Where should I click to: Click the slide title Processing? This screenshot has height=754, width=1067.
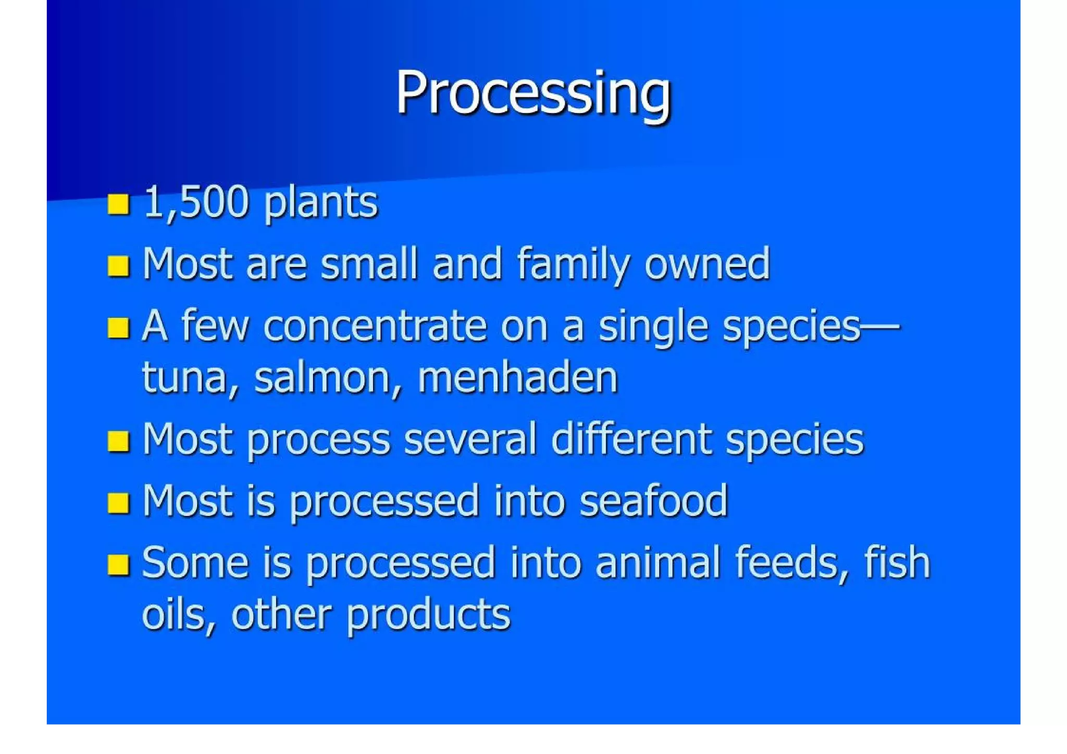coord(533,94)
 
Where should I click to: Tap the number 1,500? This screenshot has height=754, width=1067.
coord(196,202)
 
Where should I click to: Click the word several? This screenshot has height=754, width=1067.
coord(469,439)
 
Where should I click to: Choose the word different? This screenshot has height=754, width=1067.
coord(630,439)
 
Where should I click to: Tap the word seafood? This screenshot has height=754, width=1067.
coord(653,501)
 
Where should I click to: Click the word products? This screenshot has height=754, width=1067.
coord(428,615)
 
